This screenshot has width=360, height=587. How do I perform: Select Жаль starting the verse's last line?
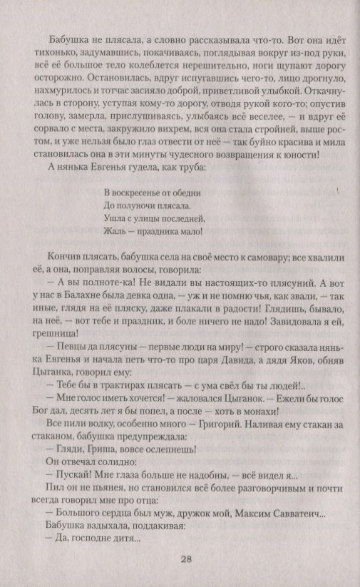click(x=115, y=232)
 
